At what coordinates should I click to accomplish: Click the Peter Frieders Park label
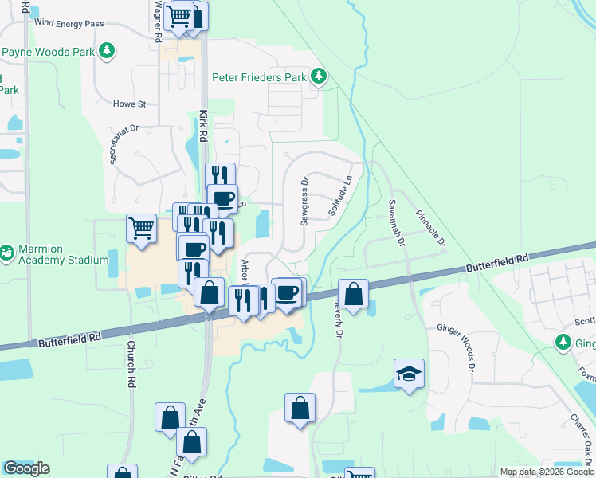click(x=259, y=77)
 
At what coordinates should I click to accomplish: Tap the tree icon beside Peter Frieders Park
click(x=319, y=76)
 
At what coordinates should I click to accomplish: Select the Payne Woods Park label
click(x=48, y=53)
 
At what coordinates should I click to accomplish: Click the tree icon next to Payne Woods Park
click(x=106, y=53)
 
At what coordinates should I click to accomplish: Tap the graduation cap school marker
click(x=409, y=373)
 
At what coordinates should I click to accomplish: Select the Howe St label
click(x=130, y=104)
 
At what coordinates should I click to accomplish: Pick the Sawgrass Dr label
click(x=304, y=202)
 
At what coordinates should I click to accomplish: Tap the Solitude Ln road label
click(x=339, y=197)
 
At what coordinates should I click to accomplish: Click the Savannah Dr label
click(x=397, y=223)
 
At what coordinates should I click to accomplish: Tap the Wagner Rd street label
click(x=159, y=21)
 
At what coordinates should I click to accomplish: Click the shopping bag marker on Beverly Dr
click(x=353, y=293)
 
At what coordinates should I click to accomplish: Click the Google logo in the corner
click(x=26, y=468)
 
